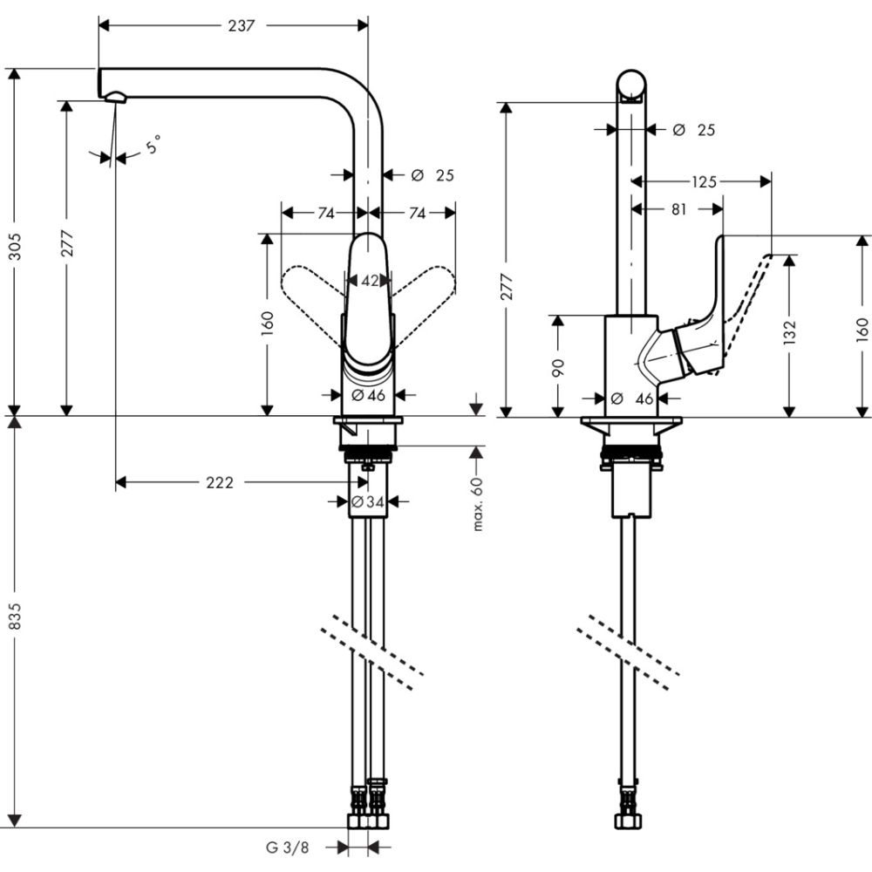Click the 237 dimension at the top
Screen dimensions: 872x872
(x=241, y=26)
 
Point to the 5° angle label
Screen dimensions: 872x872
(x=153, y=145)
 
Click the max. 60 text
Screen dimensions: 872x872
(x=478, y=504)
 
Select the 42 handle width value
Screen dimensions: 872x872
(x=370, y=281)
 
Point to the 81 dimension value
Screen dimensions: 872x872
(x=679, y=209)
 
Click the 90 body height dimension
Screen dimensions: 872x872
(x=559, y=367)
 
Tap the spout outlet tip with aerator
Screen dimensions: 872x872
(x=115, y=98)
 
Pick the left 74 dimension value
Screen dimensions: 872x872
(x=325, y=213)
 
